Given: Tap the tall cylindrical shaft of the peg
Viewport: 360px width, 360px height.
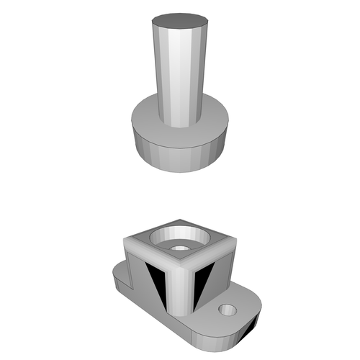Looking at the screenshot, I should point(179,72).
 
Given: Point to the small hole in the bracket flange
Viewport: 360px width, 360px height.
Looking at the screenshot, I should point(228,310).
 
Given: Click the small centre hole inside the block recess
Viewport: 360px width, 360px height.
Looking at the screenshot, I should point(178,247).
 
